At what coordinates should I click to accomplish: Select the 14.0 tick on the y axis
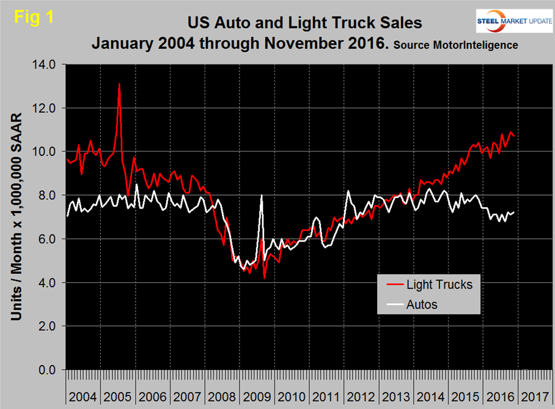(44, 64)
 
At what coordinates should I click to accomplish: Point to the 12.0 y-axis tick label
(44, 108)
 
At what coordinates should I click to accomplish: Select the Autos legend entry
(422, 304)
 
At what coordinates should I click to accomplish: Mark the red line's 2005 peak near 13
(119, 84)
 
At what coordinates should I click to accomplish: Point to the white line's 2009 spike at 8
(262, 196)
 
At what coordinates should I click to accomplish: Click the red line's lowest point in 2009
(265, 278)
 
